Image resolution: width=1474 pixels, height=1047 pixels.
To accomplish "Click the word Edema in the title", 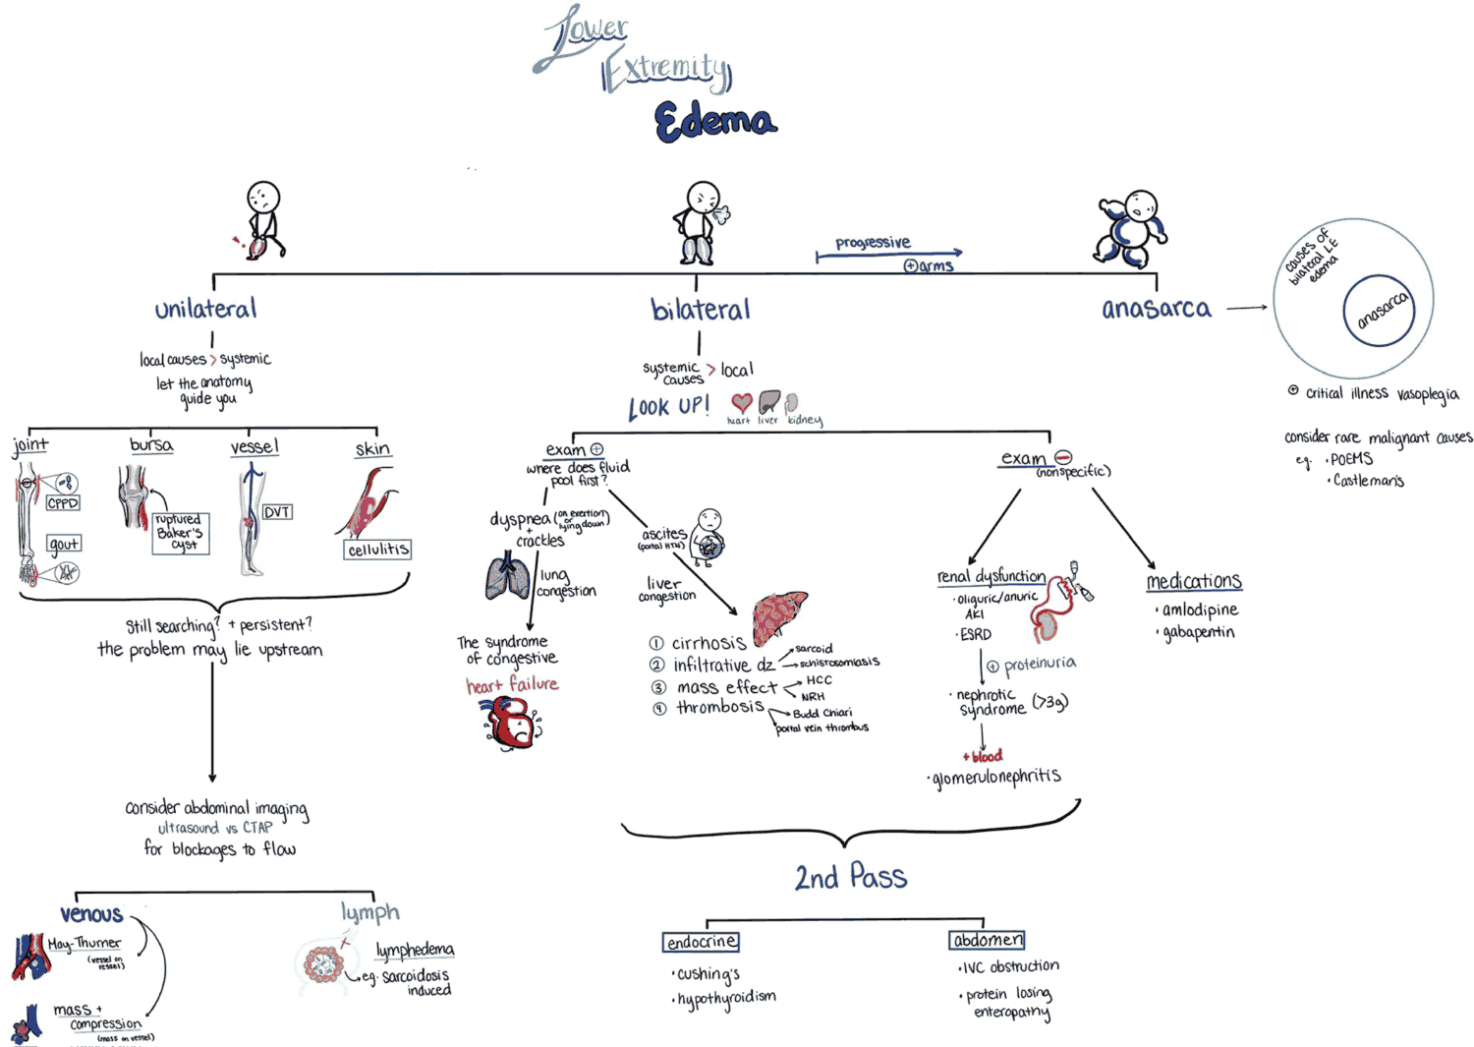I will pos(715,122).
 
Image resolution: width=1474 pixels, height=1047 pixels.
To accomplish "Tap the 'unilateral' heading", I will pos(205,309).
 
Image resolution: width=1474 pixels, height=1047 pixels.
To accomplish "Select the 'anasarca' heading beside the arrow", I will pos(1156,309).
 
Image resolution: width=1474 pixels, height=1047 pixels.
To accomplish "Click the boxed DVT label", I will pos(277,512).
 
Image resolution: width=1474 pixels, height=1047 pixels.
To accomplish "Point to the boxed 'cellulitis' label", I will pos(377,550).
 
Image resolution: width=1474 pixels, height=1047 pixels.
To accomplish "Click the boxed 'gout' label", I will pos(64,544).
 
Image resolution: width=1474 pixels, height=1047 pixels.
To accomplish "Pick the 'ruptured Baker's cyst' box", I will pos(181,533).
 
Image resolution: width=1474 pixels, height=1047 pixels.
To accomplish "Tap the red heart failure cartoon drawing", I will pos(512,723).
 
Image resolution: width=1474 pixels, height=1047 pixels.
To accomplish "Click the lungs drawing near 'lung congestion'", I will pos(508,577).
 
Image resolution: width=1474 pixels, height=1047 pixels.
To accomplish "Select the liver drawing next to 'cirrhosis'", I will pos(779,616).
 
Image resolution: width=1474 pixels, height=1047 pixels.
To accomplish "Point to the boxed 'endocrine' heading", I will pos(701,942).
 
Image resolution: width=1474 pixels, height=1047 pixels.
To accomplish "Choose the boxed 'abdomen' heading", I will pos(988,941).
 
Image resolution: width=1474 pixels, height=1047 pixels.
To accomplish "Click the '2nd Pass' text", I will pos(851,877).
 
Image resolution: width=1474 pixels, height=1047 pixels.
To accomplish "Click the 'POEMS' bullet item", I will pos(1351,459).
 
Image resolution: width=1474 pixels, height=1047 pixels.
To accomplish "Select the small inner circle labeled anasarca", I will pos(1379,311).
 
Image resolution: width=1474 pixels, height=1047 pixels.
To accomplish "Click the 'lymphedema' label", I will pos(415,950).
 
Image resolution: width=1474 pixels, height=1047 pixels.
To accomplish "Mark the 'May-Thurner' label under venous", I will pos(85,943).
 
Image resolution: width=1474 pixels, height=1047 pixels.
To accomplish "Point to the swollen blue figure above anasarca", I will pos(1131,229).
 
